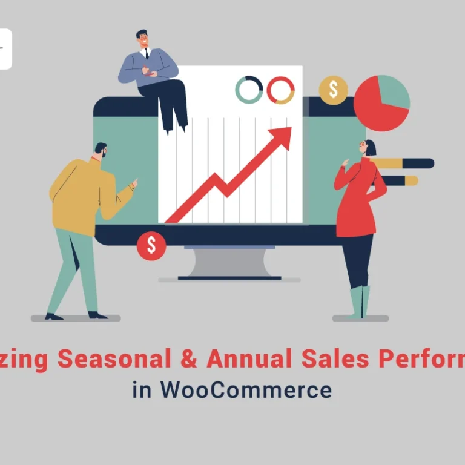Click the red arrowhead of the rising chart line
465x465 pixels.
[x=283, y=134]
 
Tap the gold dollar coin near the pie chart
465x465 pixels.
[x=333, y=90]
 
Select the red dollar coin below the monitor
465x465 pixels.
[x=151, y=245]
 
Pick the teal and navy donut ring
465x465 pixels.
[x=249, y=90]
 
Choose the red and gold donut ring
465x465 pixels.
[x=280, y=90]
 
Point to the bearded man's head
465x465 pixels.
[x=101, y=151]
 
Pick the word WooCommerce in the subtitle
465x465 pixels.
[x=246, y=389]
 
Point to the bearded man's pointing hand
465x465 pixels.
[x=133, y=182]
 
